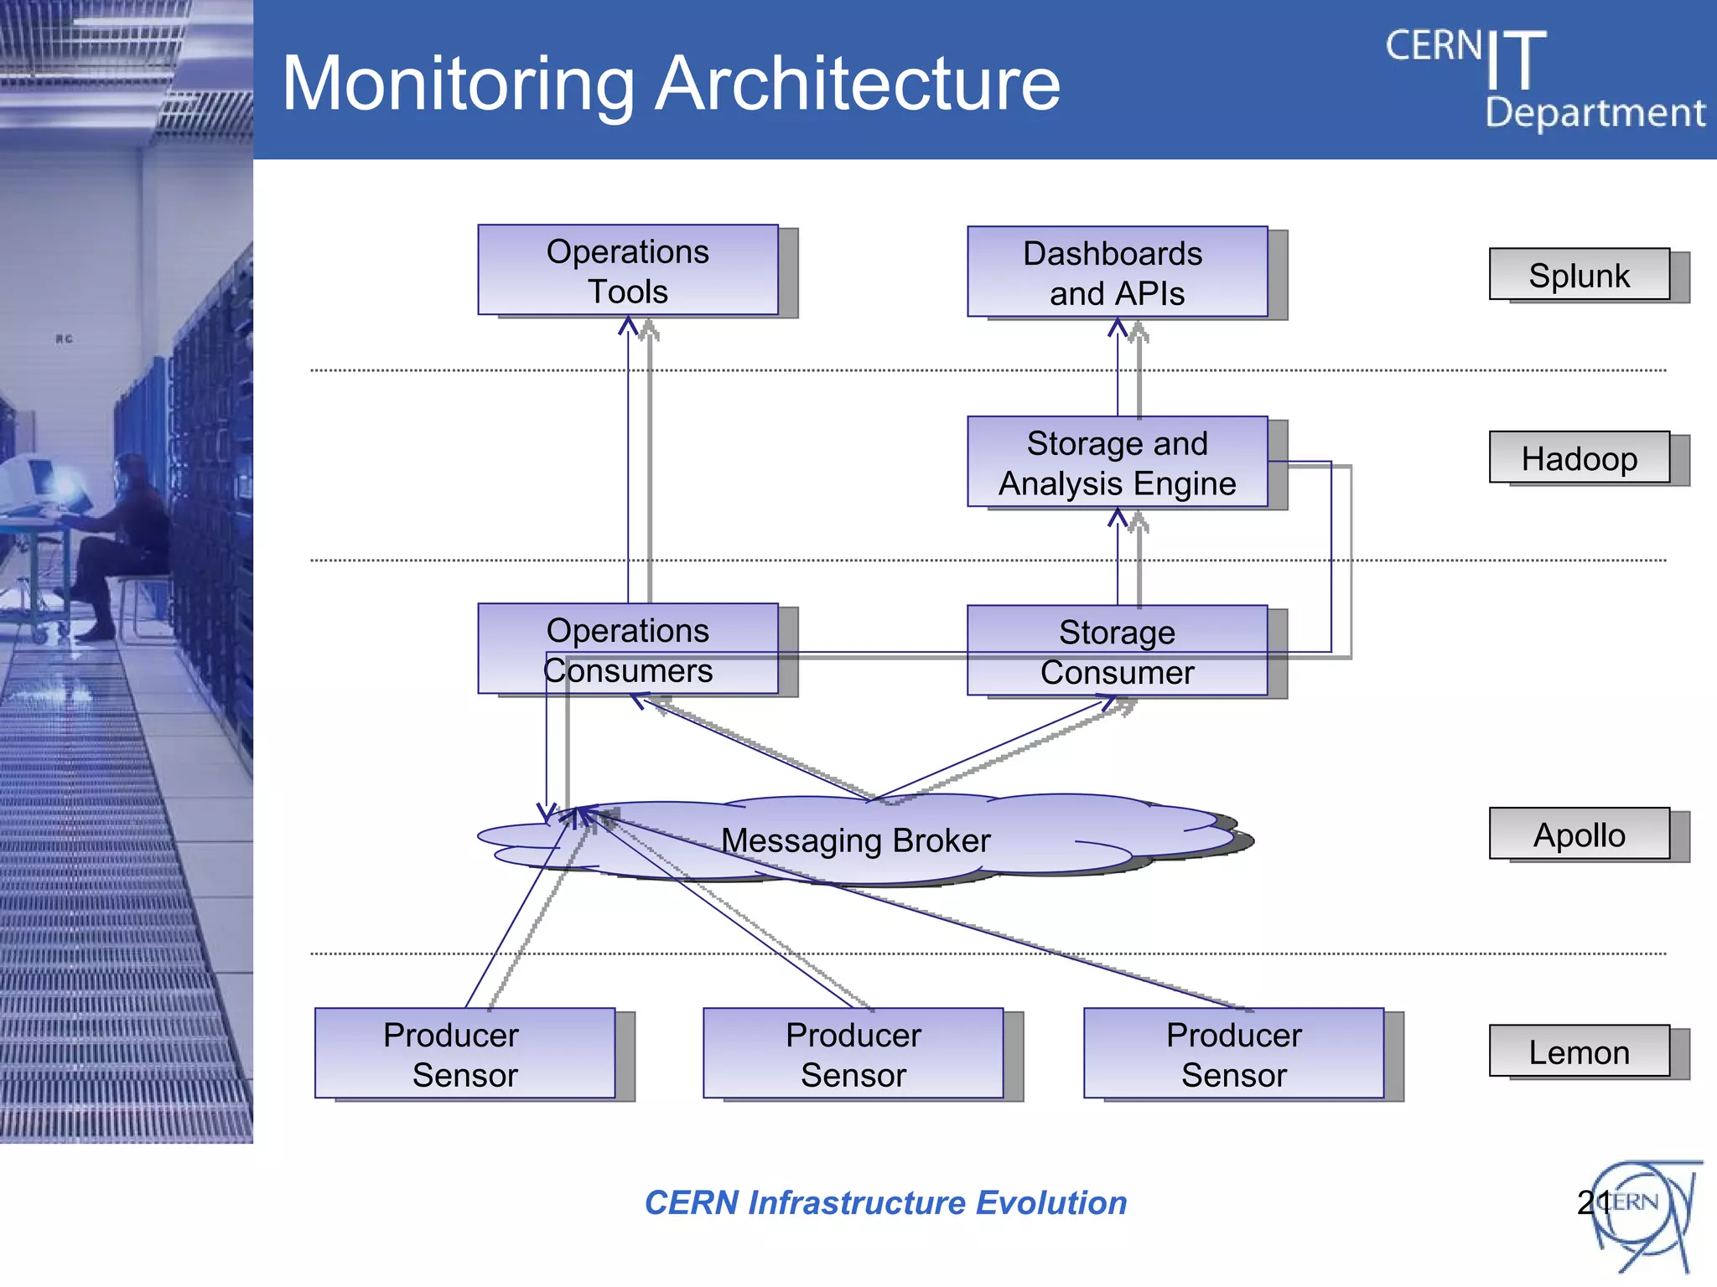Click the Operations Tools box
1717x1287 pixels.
pyautogui.click(x=627, y=271)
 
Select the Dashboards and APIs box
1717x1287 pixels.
pyautogui.click(x=1117, y=272)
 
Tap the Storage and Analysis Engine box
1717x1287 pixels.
pyautogui.click(x=1117, y=463)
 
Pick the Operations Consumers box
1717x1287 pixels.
pyautogui.click(x=627, y=649)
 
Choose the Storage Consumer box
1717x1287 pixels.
pyautogui.click(x=1117, y=651)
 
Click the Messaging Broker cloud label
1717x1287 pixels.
pyautogui.click(x=855, y=840)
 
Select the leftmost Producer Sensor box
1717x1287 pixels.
pyautogui.click(x=464, y=1054)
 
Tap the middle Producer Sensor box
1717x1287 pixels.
pyautogui.click(x=853, y=1054)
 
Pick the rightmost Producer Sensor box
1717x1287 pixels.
pyautogui.click(x=1233, y=1054)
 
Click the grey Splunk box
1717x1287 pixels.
pyautogui.click(x=1579, y=275)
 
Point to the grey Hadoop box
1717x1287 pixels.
pyautogui.click(x=1579, y=458)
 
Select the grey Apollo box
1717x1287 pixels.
pyautogui.click(x=1579, y=835)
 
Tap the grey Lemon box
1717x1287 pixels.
pyautogui.click(x=1579, y=1052)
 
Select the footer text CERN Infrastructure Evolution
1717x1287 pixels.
pyautogui.click(x=885, y=1202)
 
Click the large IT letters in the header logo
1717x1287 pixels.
pyautogui.click(x=1516, y=60)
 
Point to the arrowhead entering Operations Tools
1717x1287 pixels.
pyautogui.click(x=629, y=325)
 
